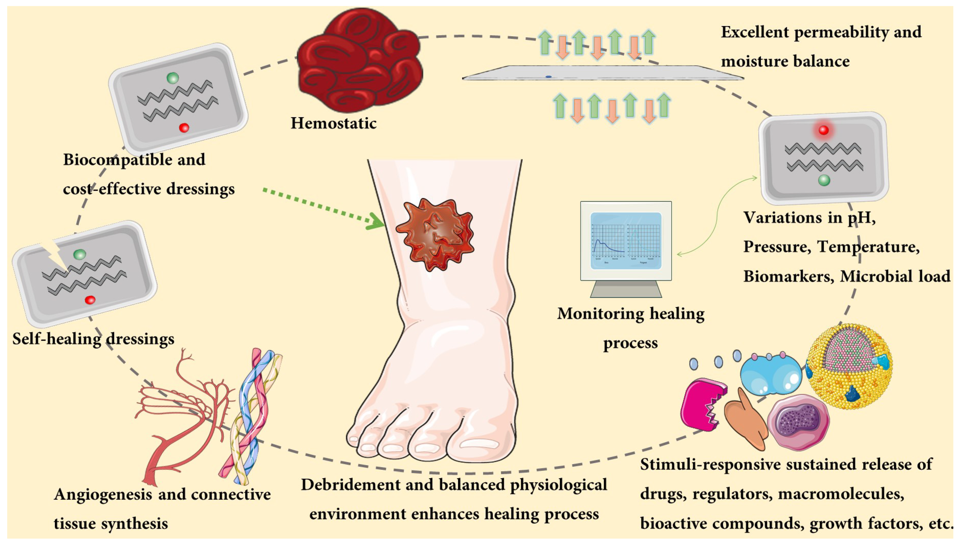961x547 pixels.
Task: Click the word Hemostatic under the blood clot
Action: point(333,123)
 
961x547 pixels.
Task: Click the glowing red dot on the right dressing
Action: point(824,130)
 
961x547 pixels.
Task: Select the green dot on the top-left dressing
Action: point(173,78)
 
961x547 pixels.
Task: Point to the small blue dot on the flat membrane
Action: point(549,77)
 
